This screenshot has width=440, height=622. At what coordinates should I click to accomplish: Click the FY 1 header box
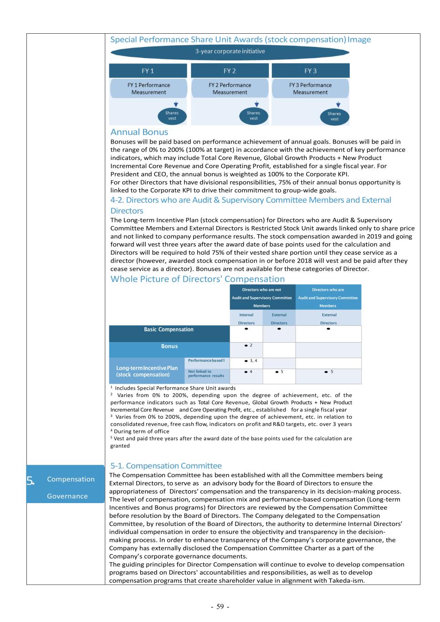coord(148,71)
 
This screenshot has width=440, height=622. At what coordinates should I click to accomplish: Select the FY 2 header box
coord(230,71)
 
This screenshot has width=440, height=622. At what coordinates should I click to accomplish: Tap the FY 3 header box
coord(311,71)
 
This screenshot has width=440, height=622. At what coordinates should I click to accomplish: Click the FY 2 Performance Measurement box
coord(230,88)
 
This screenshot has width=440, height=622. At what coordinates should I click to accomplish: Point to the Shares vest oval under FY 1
coord(172,116)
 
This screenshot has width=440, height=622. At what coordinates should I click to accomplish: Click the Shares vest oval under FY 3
coord(334,116)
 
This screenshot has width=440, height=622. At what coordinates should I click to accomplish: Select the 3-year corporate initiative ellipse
coord(230,51)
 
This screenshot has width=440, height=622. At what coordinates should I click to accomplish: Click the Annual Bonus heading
coord(139,132)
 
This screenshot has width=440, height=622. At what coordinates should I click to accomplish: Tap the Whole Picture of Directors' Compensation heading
coord(197,279)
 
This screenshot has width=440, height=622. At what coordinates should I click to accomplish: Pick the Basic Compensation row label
coord(169,329)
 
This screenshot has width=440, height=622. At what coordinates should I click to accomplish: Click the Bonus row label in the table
coord(169,346)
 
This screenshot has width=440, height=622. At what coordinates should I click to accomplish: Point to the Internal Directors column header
coord(246,319)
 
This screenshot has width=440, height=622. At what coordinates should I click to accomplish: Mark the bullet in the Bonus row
coord(246,345)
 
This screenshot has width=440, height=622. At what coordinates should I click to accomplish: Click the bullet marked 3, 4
coord(246,360)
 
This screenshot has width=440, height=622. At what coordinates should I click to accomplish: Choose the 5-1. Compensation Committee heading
coord(166,466)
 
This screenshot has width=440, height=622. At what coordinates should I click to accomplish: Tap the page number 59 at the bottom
coord(220,607)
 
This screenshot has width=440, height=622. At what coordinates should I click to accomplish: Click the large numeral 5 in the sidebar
coord(30,479)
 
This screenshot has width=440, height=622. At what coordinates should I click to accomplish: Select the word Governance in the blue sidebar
coord(67,496)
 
